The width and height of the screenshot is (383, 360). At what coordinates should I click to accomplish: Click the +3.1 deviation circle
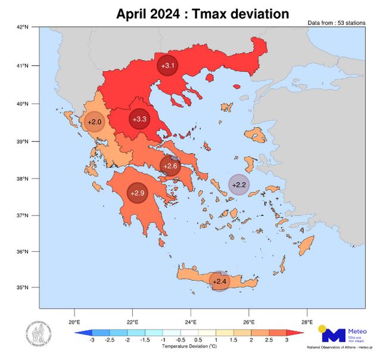point(167,65)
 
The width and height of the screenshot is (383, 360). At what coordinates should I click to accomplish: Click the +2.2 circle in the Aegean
point(239,184)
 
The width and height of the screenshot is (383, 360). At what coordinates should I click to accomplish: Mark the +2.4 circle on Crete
point(220,281)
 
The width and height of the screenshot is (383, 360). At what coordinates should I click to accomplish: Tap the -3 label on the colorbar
point(91,340)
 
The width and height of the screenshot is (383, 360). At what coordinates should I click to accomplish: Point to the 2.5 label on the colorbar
point(270,340)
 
